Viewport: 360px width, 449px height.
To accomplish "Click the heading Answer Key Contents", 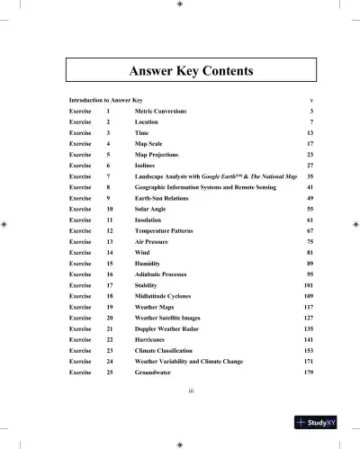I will click(180, 70).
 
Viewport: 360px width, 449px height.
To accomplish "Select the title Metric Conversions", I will click(158, 110).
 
